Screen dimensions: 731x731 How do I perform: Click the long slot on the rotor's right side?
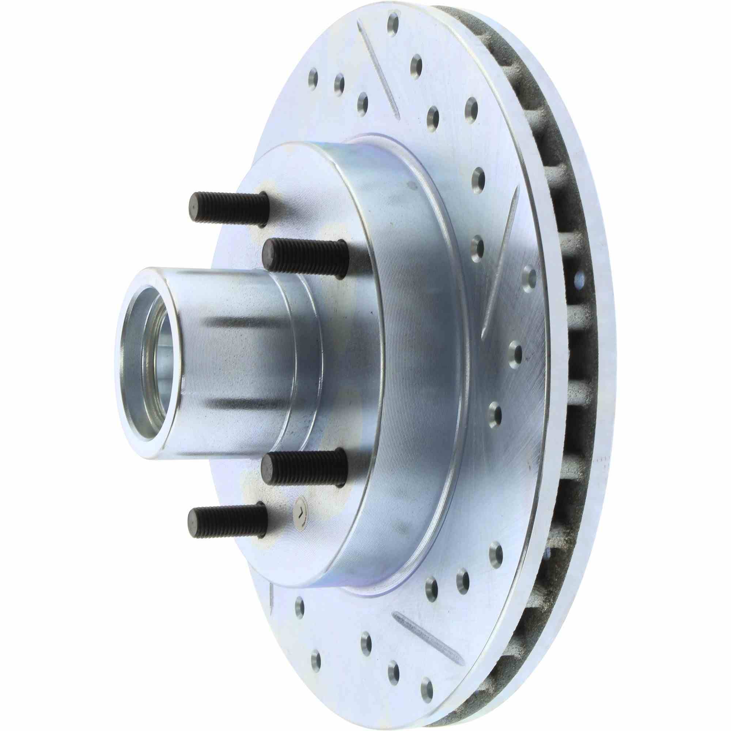(x=499, y=265)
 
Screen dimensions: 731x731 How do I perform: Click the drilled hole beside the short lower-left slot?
(x=299, y=607)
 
